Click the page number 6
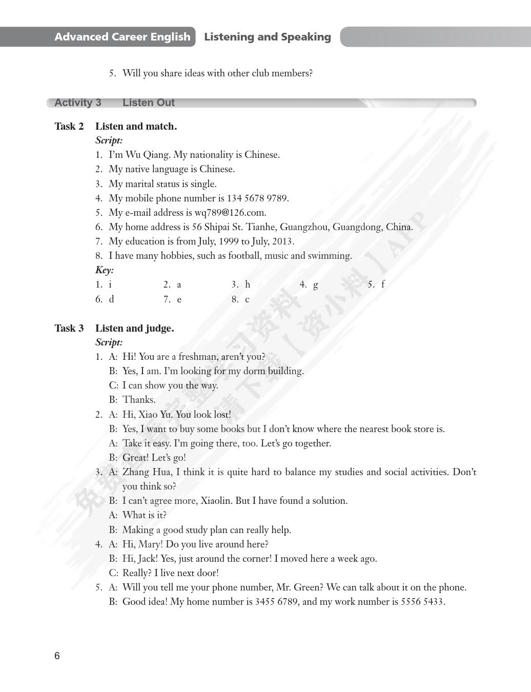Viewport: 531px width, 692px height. pos(57,656)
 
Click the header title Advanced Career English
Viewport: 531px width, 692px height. pos(122,37)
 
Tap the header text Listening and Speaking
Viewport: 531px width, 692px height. pos(267,37)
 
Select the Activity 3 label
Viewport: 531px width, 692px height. pos(78,103)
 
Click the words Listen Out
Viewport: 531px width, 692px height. pos(149,103)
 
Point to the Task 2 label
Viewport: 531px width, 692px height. pos(69,126)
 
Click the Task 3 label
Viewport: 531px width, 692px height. pos(69,328)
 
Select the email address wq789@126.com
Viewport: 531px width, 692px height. pos(230,213)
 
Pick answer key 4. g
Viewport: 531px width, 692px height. pos(309,284)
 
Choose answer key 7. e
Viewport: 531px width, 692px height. pos(173,299)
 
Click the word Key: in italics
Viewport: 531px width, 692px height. pos(105,270)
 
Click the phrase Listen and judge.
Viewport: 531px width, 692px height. pos(135,328)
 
